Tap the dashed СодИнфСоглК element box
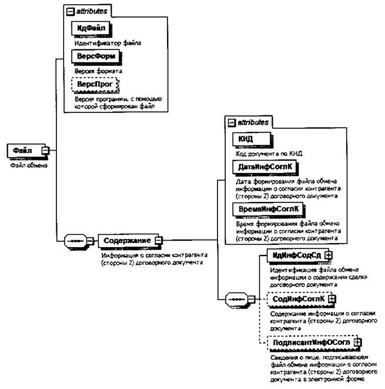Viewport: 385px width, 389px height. [x=293, y=299]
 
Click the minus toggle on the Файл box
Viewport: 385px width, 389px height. [x=45, y=151]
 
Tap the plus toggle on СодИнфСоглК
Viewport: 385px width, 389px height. [x=332, y=299]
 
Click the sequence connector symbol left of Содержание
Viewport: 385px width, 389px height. [x=75, y=241]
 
